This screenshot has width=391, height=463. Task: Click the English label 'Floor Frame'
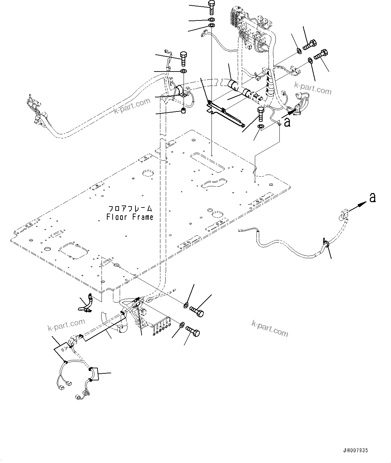point(130,217)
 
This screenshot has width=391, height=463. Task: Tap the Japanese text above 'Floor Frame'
point(130,209)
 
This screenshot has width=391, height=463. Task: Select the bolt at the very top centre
point(211,7)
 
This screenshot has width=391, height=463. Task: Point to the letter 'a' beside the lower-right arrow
point(372,198)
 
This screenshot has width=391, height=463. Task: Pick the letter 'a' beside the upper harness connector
point(287,123)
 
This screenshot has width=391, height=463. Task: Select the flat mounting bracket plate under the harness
point(225,113)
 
